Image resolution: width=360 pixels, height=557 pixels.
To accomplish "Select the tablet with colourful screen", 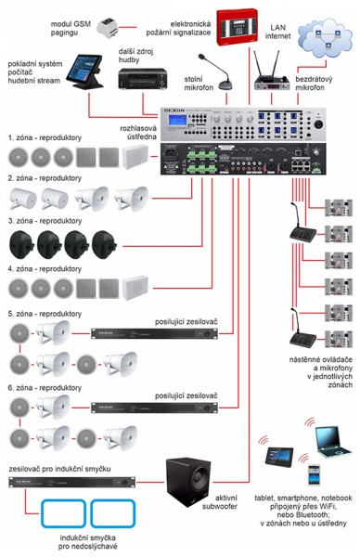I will [x=280, y=455].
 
